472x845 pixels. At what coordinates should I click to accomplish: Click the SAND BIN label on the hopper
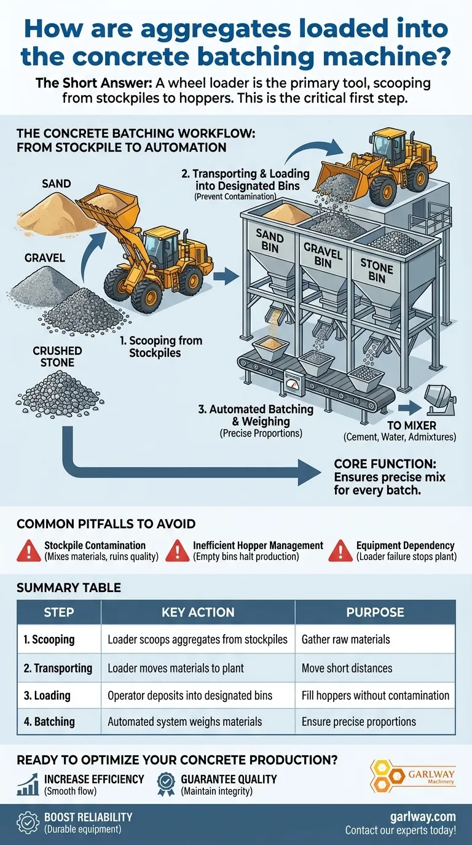pos(270,241)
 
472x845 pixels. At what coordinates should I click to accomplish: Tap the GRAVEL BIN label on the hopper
pos(323,255)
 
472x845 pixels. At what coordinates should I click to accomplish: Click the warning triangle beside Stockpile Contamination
pos(29,550)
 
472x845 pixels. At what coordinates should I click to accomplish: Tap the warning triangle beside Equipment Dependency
pos(340,550)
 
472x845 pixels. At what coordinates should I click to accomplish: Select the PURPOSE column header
pos(376,612)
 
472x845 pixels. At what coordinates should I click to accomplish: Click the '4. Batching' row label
pos(49,722)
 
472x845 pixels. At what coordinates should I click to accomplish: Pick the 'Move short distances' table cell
pos(347,668)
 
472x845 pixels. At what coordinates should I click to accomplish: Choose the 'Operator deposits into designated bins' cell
pos(190,695)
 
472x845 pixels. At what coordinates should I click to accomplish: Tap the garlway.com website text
pos(423,817)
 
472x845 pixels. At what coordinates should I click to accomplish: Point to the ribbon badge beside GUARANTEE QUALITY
pos(166,784)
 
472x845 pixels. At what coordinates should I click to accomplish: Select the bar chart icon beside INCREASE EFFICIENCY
pos(28,784)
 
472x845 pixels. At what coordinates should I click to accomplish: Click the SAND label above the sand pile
pos(57,184)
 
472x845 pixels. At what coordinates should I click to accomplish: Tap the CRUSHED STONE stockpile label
pos(57,356)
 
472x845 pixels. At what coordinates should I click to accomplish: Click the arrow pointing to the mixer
pos(410,408)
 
